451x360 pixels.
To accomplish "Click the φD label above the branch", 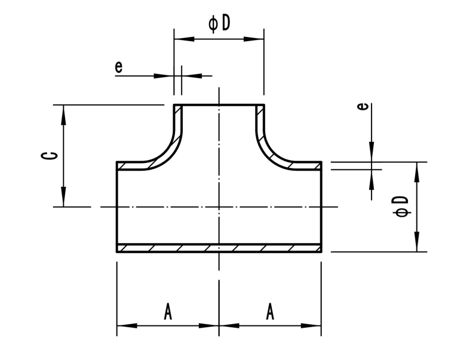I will (x=219, y=23).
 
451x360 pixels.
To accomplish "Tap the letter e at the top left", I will (x=119, y=66).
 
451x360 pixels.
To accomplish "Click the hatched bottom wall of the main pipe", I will (x=219, y=248).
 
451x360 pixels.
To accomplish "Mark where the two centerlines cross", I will (x=219, y=207).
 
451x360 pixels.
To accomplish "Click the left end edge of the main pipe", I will (x=117, y=207).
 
